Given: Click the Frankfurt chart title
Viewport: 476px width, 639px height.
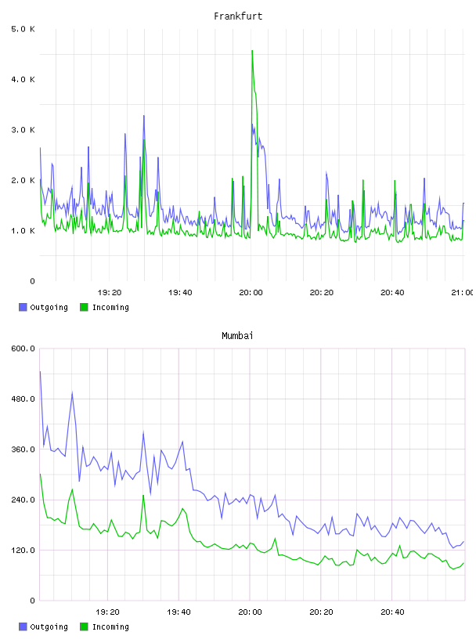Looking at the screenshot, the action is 238,16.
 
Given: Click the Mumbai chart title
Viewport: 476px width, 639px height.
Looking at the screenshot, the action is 237,335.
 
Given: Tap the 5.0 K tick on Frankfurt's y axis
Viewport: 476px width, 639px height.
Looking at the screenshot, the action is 23,29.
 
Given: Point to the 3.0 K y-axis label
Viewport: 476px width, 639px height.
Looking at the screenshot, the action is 23,129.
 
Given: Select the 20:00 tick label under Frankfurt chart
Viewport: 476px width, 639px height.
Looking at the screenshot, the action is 251,292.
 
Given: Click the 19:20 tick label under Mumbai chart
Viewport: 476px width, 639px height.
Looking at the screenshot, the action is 107,612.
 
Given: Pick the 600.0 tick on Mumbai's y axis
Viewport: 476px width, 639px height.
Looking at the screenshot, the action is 23,348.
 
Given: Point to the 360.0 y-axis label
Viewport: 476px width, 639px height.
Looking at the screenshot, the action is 23,449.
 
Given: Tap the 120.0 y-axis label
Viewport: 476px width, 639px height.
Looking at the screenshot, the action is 23,550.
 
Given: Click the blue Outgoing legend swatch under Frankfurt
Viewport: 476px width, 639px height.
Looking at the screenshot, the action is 23,307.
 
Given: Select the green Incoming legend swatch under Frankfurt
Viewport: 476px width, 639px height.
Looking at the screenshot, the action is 84,307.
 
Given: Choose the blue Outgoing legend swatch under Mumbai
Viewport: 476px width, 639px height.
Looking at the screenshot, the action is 23,626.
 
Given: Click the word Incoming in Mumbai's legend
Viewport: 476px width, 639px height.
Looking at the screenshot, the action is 110,626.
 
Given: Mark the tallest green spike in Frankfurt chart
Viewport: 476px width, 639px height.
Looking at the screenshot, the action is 252,51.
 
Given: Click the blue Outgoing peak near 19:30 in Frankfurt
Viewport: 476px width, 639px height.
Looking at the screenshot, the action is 144,116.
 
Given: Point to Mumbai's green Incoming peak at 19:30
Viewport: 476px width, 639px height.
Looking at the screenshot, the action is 143,496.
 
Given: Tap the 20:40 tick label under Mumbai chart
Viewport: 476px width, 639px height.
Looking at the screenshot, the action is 392,612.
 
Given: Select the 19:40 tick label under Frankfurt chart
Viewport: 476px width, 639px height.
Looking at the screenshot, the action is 180,292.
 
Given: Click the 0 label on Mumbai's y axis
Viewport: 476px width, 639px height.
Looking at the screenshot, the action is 32,601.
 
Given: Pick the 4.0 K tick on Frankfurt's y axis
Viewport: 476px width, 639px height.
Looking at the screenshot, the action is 23,79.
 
